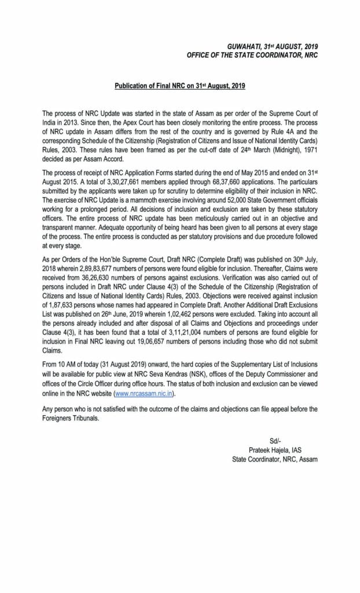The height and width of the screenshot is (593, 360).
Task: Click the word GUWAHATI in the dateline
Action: click(x=242, y=45)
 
